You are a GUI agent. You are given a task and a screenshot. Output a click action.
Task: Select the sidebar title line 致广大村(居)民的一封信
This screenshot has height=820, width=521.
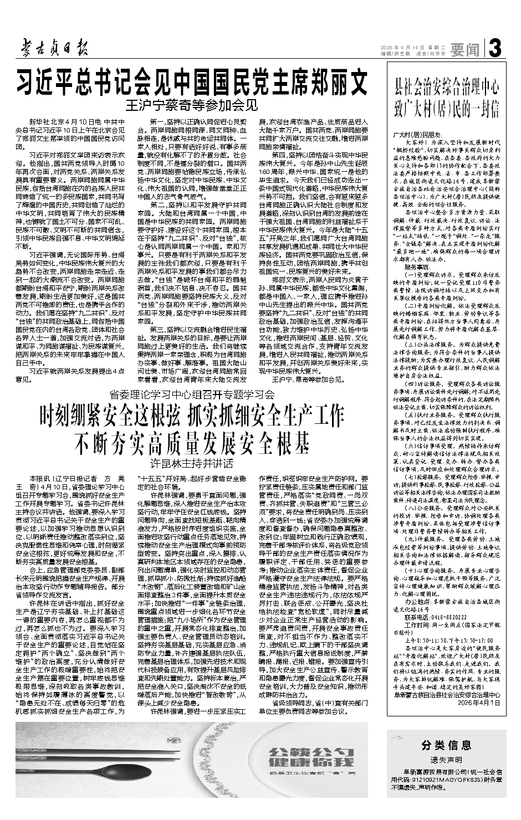point(447,106)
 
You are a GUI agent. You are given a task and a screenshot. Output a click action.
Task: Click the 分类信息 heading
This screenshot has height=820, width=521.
point(446,744)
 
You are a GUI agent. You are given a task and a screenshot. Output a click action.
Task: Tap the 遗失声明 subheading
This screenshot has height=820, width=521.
point(446,760)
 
